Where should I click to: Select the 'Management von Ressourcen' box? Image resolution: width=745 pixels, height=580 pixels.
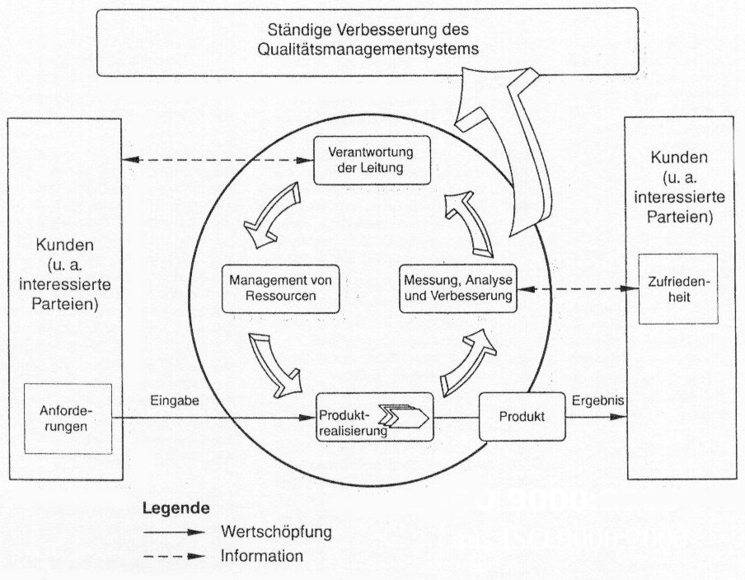[x=270, y=288]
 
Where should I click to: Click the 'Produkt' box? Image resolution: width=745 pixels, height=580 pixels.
[x=522, y=416]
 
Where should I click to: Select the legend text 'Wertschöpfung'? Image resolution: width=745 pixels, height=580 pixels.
[x=275, y=532]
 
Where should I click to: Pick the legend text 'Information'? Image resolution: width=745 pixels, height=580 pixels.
[x=262, y=556]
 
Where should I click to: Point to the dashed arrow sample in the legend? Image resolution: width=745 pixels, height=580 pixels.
[x=172, y=557]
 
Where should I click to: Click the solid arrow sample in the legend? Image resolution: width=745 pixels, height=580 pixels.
[x=172, y=533]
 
